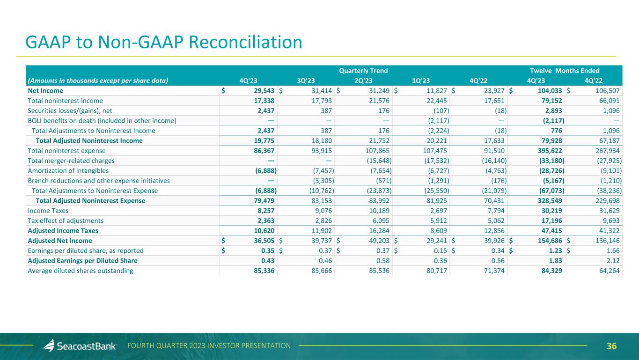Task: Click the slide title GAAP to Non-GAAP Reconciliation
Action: click(164, 43)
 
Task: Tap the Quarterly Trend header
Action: click(363, 71)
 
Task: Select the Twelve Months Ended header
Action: click(565, 71)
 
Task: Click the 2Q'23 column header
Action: click(363, 80)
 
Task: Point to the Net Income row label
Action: click(45, 90)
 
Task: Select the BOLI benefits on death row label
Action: click(102, 120)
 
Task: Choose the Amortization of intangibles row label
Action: click(68, 171)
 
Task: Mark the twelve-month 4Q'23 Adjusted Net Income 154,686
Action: click(548, 241)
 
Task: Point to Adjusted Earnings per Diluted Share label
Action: click(82, 261)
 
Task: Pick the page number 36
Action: click(611, 346)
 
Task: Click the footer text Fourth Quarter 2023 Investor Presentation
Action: click(209, 345)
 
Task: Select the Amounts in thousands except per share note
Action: click(98, 80)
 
